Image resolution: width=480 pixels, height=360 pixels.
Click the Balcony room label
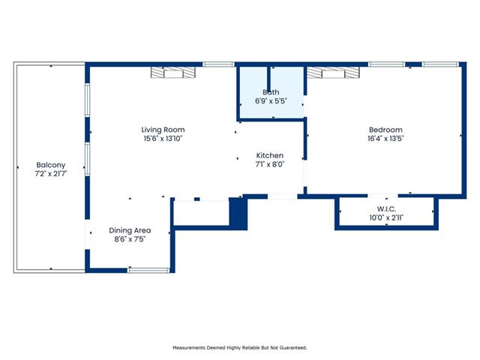click(51, 165)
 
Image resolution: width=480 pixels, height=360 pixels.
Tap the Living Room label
click(163, 130)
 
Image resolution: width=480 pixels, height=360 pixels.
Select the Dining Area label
click(130, 230)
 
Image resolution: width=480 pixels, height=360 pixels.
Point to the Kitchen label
click(270, 155)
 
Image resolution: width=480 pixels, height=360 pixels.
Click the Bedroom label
click(385, 130)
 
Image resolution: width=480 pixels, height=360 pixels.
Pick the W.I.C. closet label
click(386, 209)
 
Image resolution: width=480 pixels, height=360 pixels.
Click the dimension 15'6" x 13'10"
click(163, 139)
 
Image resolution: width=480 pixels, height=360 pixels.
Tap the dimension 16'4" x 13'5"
click(385, 139)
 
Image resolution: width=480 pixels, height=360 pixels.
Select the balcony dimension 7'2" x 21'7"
click(51, 174)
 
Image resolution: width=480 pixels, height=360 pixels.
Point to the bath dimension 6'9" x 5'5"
click(271, 101)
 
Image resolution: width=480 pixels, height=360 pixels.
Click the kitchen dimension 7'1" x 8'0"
click(270, 164)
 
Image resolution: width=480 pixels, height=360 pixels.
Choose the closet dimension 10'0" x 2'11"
click(386, 218)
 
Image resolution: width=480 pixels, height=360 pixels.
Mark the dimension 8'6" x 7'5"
click(130, 239)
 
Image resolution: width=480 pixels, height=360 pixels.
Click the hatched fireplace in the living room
click(173, 72)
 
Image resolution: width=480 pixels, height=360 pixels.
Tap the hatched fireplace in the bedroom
click(333, 73)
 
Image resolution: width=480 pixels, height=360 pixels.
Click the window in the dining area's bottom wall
click(148, 270)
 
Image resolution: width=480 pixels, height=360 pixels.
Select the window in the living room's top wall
click(218, 64)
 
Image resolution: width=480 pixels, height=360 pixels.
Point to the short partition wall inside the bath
click(269, 79)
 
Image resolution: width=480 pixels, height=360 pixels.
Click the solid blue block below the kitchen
click(238, 213)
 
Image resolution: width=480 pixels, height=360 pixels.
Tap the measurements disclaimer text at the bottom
click(240, 348)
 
